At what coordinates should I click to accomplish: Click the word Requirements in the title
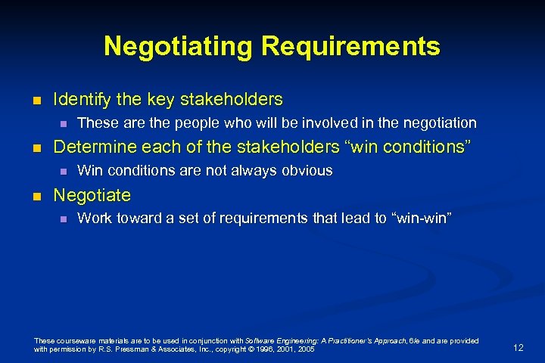(x=350, y=46)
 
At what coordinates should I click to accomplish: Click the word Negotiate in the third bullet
(x=92, y=195)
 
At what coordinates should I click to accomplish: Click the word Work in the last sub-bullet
(x=95, y=219)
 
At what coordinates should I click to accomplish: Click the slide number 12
(x=518, y=347)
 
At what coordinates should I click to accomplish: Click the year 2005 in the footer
(x=306, y=350)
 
